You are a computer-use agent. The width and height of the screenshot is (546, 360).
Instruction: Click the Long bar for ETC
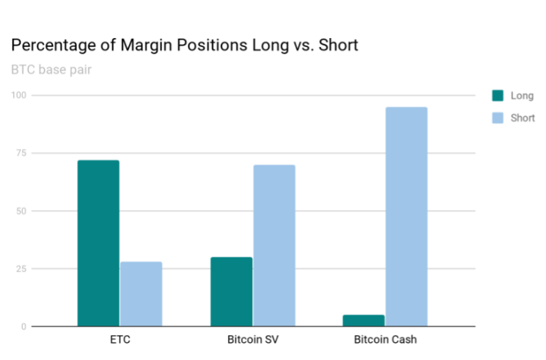98,243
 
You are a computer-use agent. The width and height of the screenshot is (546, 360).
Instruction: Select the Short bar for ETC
141,294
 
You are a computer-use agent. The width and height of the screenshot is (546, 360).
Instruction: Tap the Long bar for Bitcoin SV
231,291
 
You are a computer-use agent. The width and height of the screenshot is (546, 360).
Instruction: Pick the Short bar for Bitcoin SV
274,245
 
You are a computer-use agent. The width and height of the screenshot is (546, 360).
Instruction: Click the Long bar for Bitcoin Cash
364,320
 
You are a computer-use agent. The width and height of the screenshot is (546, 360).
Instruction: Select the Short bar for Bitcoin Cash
407,216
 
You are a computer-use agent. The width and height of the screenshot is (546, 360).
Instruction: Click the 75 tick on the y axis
20,153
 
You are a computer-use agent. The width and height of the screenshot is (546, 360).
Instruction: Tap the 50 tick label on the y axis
20,211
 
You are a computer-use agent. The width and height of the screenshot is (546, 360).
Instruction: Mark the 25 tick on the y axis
20,268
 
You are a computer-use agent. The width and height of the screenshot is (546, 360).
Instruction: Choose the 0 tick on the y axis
23,326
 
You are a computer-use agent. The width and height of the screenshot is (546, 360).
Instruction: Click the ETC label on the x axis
119,341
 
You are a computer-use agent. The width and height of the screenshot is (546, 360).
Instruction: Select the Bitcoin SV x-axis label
252,341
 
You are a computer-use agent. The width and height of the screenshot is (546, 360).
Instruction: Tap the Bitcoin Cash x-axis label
385,341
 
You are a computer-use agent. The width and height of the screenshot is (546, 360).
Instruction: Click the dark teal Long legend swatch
498,95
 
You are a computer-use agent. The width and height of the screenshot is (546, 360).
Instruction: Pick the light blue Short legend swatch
498,117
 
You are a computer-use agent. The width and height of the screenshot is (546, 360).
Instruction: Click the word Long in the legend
521,95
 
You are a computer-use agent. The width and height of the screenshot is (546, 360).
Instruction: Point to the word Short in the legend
523,117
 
